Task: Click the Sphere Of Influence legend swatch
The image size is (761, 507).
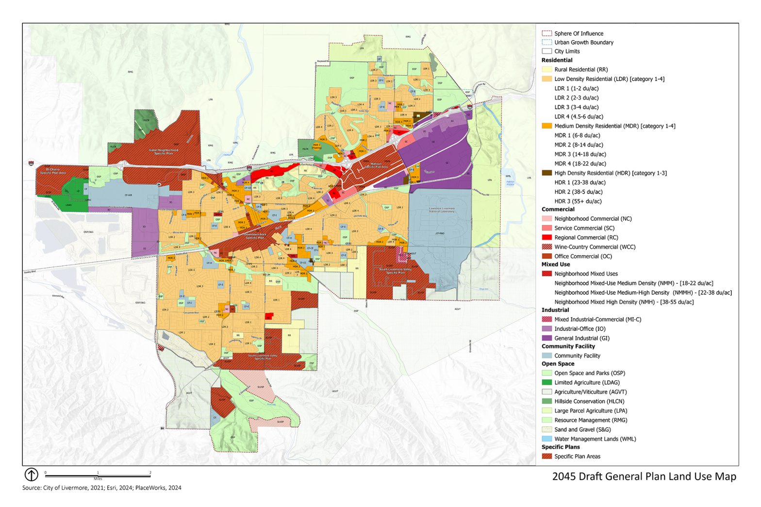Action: click(x=546, y=33)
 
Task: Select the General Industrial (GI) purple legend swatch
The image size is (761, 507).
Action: click(x=546, y=338)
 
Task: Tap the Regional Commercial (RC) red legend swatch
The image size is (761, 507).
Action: click(x=546, y=237)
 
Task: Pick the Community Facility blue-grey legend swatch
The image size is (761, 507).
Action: click(x=546, y=356)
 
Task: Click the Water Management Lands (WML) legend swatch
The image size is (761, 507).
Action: click(x=546, y=439)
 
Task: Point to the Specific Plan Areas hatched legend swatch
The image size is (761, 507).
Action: click(x=546, y=456)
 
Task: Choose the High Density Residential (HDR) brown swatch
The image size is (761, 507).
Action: click(x=546, y=173)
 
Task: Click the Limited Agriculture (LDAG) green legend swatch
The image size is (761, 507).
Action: click(x=546, y=382)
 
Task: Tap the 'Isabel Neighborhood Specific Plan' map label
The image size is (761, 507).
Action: click(x=163, y=151)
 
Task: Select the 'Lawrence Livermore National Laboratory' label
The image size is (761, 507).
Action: click(x=442, y=210)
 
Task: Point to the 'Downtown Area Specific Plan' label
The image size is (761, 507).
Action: click(x=254, y=236)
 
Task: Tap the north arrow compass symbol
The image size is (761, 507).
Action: click(x=31, y=474)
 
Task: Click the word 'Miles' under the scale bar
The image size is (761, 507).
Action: click(x=98, y=479)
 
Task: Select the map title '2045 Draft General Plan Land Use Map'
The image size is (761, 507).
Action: click(x=644, y=476)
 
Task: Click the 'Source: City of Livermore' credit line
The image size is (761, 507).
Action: click(x=101, y=488)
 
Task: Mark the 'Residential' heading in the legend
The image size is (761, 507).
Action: click(x=557, y=60)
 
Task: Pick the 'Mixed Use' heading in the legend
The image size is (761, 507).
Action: click(x=556, y=264)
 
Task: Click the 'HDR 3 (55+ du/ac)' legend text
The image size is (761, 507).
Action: click(x=578, y=201)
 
